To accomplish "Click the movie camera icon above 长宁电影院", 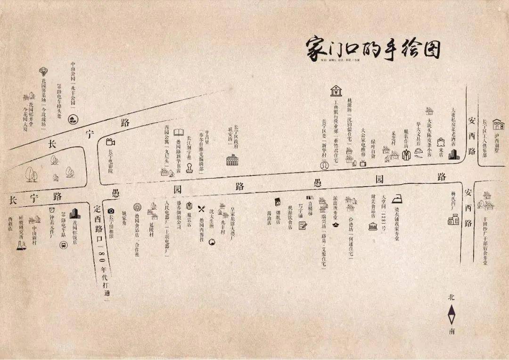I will [111, 141].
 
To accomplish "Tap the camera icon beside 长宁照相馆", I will [111, 211].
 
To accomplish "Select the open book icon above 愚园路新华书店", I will [179, 133].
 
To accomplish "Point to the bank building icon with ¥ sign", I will [336, 90].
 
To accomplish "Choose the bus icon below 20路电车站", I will [63, 245].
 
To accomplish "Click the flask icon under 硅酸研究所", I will [21, 245].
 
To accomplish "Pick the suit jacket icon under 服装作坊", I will [406, 153].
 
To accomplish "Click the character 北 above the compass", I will [452, 298].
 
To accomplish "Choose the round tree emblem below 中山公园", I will [73, 119].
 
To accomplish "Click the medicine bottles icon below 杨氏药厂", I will [453, 219].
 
